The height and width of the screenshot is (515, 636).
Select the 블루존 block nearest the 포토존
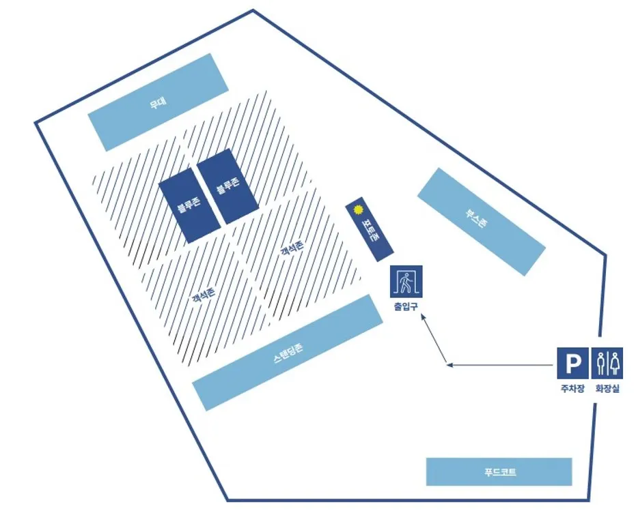pyautogui.click(x=227, y=186)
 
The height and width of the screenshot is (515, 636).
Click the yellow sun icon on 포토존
pyautogui.click(x=357, y=211)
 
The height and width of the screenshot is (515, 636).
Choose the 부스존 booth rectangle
pyautogui.click(x=481, y=221)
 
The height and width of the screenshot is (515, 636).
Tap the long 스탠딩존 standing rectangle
pyautogui.click(x=287, y=352)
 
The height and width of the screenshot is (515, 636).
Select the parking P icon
pyautogui.click(x=571, y=362)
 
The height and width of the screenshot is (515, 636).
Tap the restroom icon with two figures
pyautogui.click(x=607, y=362)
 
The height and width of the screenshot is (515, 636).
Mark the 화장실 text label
pyautogui.click(x=607, y=389)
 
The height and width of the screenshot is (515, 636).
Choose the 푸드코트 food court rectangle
pyautogui.click(x=499, y=471)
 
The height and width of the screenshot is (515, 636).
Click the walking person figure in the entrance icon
pyautogui.click(x=406, y=280)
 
